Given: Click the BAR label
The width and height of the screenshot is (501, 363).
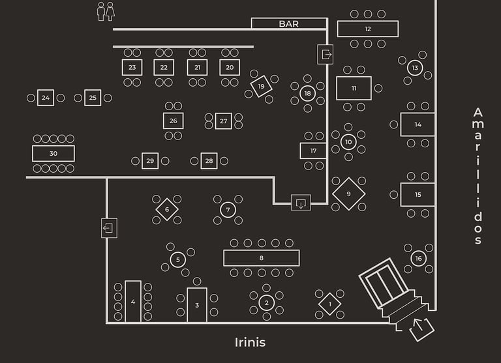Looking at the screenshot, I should (289, 24).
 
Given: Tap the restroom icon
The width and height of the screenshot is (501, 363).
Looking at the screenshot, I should (106, 11).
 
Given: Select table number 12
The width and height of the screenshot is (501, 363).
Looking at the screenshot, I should (368, 29).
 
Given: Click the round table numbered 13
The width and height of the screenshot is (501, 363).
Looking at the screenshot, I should (415, 68).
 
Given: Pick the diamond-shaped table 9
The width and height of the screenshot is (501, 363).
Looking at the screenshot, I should (348, 194).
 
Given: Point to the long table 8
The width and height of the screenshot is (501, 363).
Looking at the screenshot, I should (261, 258).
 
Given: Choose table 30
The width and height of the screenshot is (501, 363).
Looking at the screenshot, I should (53, 154).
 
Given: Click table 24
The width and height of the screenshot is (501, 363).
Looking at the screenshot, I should (45, 98).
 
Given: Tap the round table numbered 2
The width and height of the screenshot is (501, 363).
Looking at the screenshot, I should (266, 302).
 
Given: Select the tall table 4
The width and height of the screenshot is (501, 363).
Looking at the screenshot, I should (133, 301).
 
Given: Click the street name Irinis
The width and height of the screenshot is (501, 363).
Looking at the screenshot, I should (250, 342).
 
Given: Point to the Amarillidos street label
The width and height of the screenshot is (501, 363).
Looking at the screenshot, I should (478, 176).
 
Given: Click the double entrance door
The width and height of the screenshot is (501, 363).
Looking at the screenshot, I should (386, 284).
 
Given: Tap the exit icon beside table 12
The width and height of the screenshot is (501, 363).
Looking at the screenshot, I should (325, 53).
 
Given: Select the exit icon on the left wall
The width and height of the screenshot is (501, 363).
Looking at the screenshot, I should (109, 228).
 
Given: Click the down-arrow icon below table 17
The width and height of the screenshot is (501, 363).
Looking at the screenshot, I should (301, 203).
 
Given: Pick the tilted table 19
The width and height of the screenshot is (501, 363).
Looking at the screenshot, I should (262, 86).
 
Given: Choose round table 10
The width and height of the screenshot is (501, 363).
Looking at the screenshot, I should (348, 142).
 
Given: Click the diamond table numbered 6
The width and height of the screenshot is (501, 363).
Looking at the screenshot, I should (167, 209).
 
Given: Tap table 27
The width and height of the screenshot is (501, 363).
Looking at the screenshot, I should (224, 121).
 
